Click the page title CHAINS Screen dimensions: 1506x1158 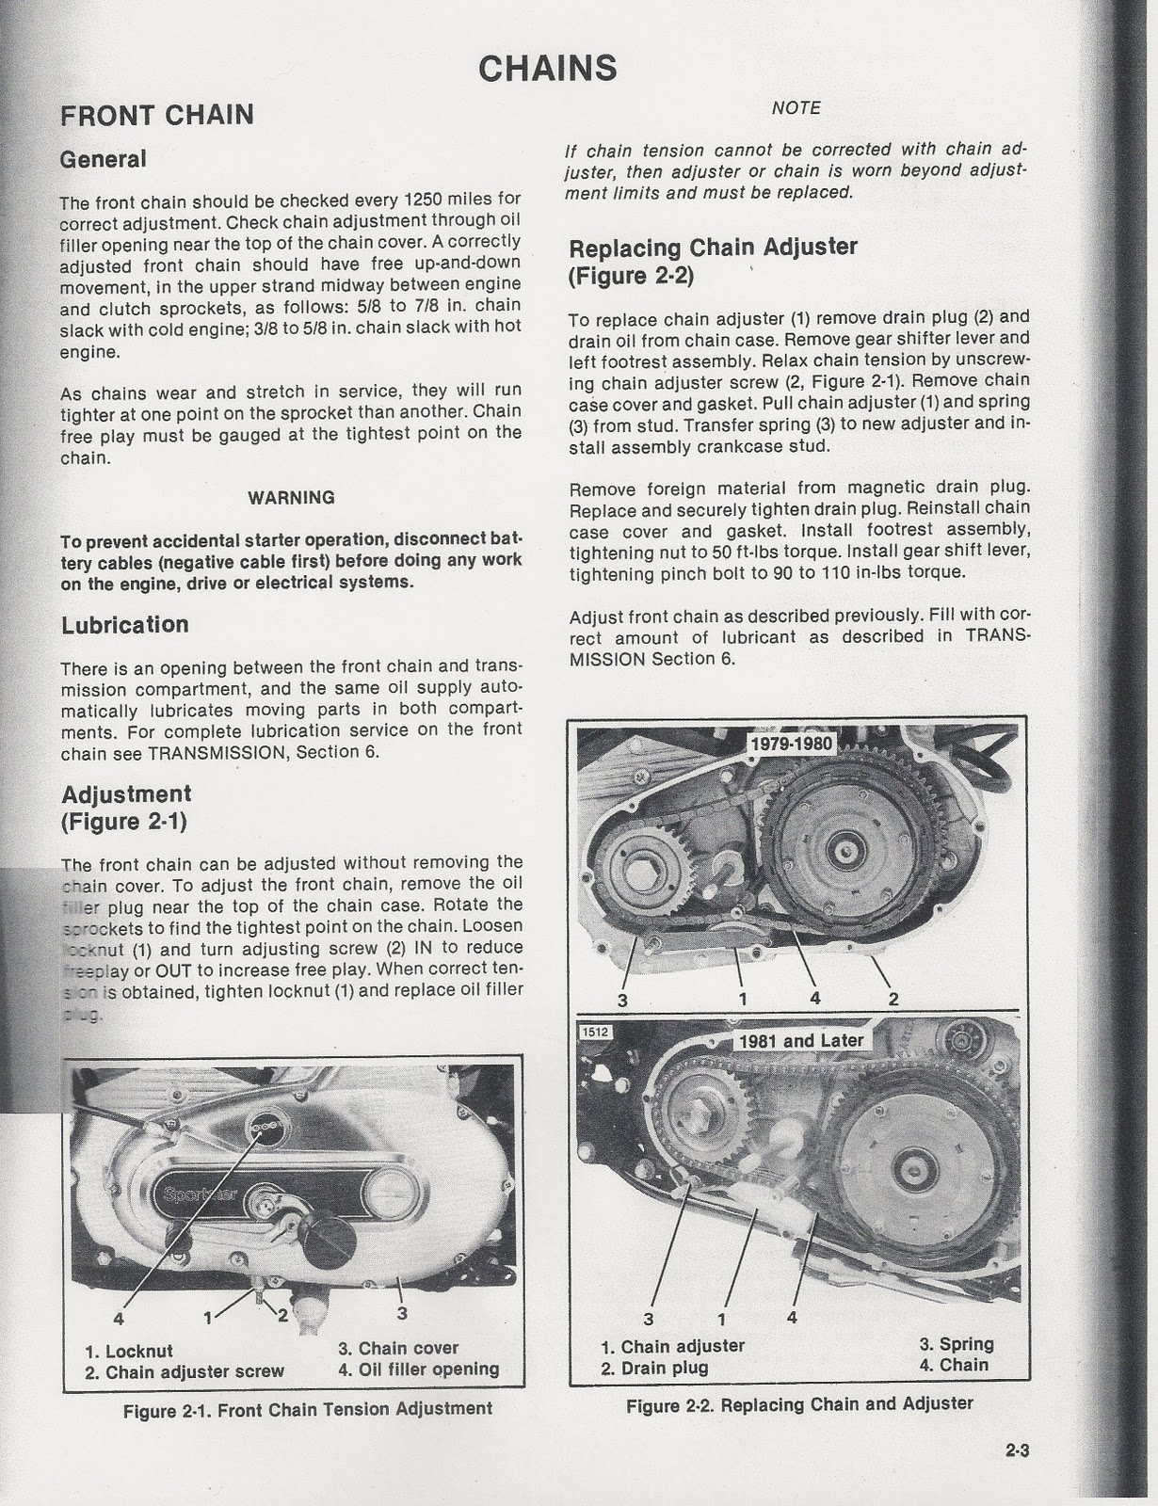(x=547, y=68)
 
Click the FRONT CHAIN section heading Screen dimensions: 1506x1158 (x=157, y=115)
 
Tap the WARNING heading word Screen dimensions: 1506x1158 (x=291, y=497)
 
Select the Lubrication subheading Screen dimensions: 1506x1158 (x=125, y=625)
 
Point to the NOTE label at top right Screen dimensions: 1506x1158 (x=796, y=108)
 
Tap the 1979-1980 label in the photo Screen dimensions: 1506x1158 (x=791, y=744)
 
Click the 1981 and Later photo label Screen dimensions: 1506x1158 (x=800, y=1040)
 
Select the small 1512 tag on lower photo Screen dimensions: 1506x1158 (x=595, y=1032)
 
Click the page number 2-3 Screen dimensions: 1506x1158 (x=1017, y=1450)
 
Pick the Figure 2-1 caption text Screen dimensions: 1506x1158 (x=307, y=1409)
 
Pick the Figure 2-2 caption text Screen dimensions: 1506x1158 (x=799, y=1404)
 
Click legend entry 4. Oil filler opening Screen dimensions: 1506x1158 (x=419, y=1370)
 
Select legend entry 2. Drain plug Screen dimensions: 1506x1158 (x=655, y=1368)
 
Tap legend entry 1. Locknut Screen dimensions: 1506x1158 (x=129, y=1352)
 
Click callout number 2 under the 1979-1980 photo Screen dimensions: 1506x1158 (x=893, y=999)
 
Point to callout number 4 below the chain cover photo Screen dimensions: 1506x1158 (x=119, y=1317)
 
